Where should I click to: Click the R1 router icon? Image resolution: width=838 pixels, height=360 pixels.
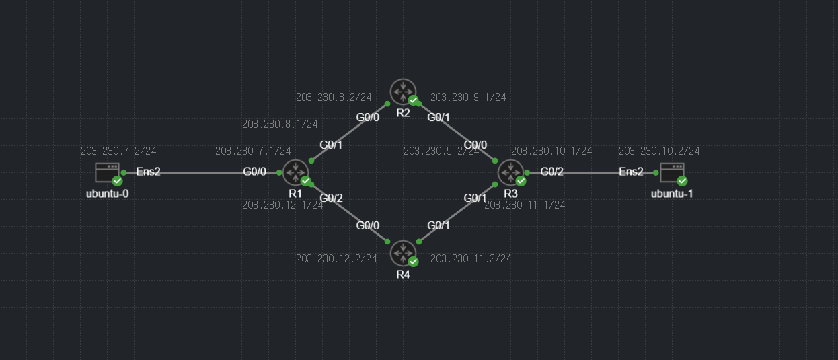[294, 172]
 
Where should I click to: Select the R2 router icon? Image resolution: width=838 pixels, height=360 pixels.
[403, 91]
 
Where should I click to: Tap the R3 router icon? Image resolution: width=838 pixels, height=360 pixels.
[510, 172]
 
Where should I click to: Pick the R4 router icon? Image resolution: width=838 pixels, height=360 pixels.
[403, 253]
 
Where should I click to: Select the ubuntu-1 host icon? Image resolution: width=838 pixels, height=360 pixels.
[672, 172]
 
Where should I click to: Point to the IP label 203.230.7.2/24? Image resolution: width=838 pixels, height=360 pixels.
[118, 151]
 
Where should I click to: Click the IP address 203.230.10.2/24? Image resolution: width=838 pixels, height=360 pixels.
[659, 151]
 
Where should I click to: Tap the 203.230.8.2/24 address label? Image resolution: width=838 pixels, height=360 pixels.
[334, 97]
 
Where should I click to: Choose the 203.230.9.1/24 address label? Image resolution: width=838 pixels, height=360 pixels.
[468, 97]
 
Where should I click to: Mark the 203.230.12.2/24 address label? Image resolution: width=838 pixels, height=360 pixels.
[336, 258]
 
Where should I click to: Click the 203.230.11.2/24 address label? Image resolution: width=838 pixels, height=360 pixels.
[471, 258]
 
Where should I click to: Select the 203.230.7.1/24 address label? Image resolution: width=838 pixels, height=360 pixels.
[253, 151]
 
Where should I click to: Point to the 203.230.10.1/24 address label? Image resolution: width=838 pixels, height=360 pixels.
[551, 151]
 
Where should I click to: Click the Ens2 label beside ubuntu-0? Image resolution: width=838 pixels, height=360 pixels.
[148, 172]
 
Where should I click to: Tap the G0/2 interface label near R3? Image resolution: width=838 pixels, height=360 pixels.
[551, 172]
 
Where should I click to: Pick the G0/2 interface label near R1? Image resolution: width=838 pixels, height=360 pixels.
[331, 198]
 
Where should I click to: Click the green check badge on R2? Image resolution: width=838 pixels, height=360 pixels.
[414, 100]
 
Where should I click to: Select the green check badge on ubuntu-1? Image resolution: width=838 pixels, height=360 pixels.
[682, 181]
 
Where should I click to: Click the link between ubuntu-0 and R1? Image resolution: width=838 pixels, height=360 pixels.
[202, 172]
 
